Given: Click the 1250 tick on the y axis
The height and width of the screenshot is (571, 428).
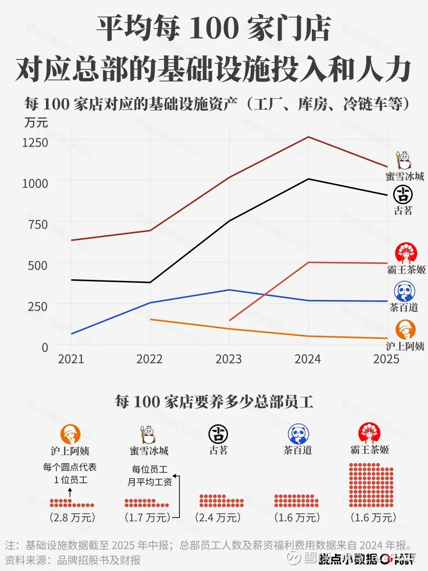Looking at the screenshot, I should pyautogui.click(x=35, y=142).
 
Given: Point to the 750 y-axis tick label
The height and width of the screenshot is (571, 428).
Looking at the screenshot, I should pyautogui.click(x=38, y=224).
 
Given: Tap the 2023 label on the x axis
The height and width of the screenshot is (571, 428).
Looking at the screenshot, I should pyautogui.click(x=229, y=359).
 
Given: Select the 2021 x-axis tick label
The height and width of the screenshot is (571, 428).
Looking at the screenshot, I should pyautogui.click(x=71, y=359).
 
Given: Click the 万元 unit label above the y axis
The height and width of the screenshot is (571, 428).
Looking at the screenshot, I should pyautogui.click(x=36, y=122).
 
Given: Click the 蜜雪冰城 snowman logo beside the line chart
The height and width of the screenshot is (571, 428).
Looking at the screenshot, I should pyautogui.click(x=404, y=160).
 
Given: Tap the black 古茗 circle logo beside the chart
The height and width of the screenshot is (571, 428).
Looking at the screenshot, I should pyautogui.click(x=403, y=195).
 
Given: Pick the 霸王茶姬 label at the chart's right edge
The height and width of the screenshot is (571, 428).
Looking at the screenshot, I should pyautogui.click(x=406, y=270).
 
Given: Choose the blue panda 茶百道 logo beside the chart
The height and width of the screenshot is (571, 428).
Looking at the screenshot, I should pyautogui.click(x=404, y=292).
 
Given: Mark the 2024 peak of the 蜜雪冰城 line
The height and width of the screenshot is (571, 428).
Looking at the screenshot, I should pyautogui.click(x=308, y=137).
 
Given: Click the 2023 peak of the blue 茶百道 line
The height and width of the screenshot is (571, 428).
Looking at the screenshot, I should pyautogui.click(x=229, y=290).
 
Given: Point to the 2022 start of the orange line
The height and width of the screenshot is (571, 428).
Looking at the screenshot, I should pyautogui.click(x=151, y=319).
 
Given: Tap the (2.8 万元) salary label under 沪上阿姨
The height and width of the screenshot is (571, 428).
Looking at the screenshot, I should pyautogui.click(x=73, y=517).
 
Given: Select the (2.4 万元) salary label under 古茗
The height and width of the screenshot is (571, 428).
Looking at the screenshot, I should pyautogui.click(x=218, y=517).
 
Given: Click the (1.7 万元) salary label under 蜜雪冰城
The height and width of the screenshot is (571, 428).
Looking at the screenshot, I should pyautogui.click(x=147, y=517).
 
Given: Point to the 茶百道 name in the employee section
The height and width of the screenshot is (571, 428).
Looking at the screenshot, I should pyautogui.click(x=298, y=450).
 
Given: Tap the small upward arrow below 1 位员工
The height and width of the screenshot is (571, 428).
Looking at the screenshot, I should pyautogui.click(x=70, y=493).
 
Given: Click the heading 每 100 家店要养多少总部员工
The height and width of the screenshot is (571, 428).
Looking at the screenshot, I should pyautogui.click(x=214, y=402).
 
